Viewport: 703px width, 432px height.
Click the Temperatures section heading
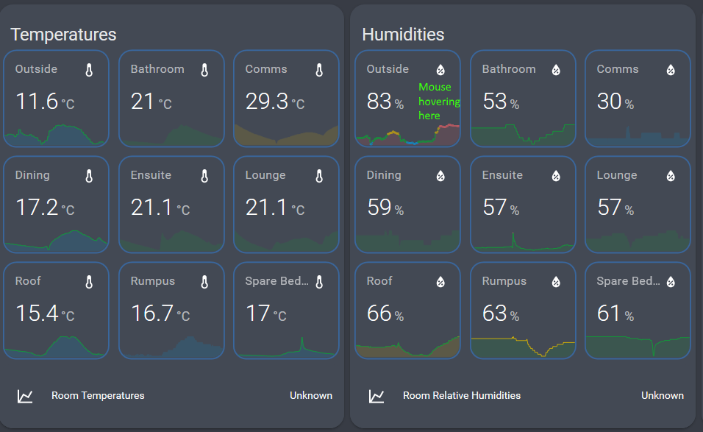[x=63, y=35]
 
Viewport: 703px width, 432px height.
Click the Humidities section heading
[x=403, y=35]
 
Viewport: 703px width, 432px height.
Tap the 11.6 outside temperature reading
[x=37, y=101]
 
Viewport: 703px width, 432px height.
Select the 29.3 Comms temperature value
[x=267, y=101]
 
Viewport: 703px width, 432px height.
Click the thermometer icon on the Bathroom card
[x=204, y=70]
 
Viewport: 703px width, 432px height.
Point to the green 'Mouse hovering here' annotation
[x=439, y=101]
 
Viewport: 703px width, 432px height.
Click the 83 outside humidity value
[x=379, y=101]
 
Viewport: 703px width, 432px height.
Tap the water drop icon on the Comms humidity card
[x=671, y=70]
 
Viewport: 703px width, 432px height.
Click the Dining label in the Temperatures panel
[x=32, y=175]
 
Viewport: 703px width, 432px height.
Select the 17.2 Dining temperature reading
[x=37, y=208]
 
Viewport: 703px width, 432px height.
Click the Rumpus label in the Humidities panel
[x=504, y=281]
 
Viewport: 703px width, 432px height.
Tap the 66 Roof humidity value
[x=379, y=313]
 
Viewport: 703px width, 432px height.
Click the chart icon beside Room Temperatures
[x=25, y=396]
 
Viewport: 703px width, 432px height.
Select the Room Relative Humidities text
[x=462, y=396]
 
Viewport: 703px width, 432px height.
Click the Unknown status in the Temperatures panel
[x=311, y=396]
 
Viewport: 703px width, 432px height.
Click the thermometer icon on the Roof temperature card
[x=89, y=282]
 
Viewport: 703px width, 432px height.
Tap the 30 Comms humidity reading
[x=610, y=101]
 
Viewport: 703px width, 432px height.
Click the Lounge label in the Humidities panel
[x=617, y=175]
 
